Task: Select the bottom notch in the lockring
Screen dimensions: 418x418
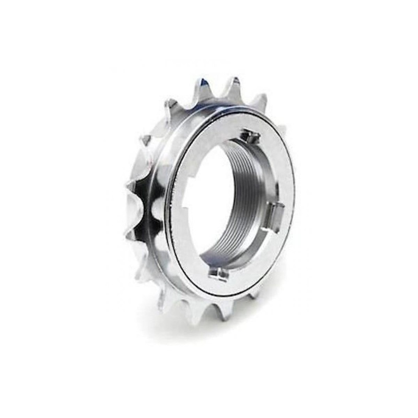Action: [219, 273]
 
